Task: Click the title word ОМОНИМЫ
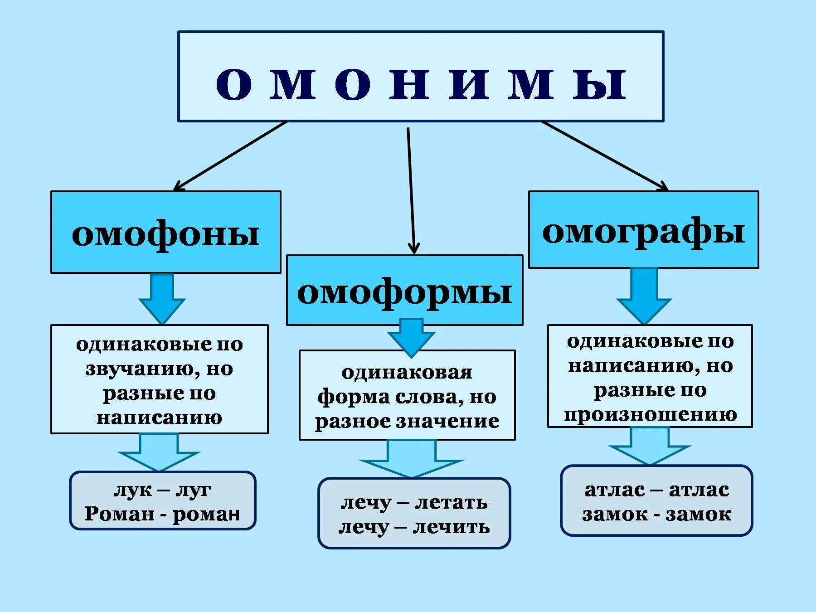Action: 421,84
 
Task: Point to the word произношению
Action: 650,414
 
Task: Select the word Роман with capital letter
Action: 119,514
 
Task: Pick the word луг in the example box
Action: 194,490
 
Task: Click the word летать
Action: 451,502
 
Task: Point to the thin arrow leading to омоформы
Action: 411,190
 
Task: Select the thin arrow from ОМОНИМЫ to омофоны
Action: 230,155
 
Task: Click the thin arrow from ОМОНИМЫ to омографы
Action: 604,155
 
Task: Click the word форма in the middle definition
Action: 353,397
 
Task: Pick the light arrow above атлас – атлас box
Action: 650,446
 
